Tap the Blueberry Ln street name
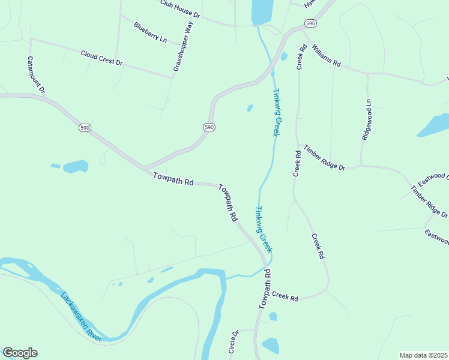click(x=150, y=32)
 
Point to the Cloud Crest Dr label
click(x=101, y=58)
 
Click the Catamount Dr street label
click(x=35, y=75)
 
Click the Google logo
click(x=20, y=353)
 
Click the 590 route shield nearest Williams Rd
click(x=309, y=23)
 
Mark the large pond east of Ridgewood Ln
click(x=435, y=124)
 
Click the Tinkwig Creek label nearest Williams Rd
click(x=276, y=112)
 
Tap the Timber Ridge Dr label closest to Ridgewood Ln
click(x=324, y=158)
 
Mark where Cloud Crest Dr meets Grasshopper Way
click(x=172, y=77)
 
